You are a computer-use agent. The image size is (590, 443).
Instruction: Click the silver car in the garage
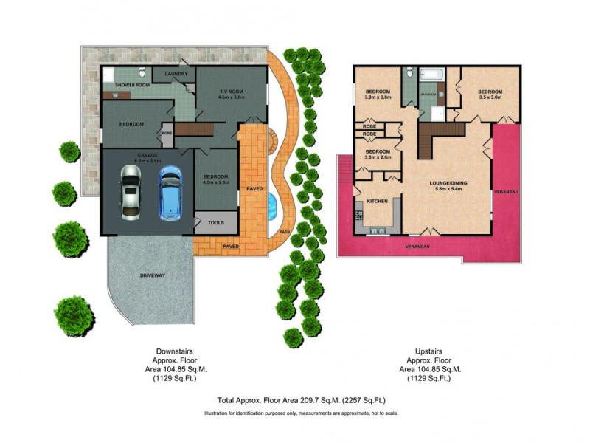click(x=131, y=191)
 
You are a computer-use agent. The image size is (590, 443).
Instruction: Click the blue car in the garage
click(x=170, y=191)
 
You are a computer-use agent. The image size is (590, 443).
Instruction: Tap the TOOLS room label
click(x=216, y=222)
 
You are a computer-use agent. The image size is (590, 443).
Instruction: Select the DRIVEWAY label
click(x=152, y=275)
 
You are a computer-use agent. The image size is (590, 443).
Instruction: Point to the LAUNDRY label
click(x=176, y=74)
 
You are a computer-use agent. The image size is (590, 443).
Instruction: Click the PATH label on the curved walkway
click(x=284, y=233)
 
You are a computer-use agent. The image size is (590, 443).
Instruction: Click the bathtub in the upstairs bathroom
click(x=431, y=75)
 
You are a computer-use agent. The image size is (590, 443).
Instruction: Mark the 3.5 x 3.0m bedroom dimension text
click(x=490, y=97)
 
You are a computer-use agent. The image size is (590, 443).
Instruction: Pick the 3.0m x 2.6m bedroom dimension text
click(x=377, y=157)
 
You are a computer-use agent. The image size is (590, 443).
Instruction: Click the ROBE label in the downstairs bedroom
click(x=167, y=134)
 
